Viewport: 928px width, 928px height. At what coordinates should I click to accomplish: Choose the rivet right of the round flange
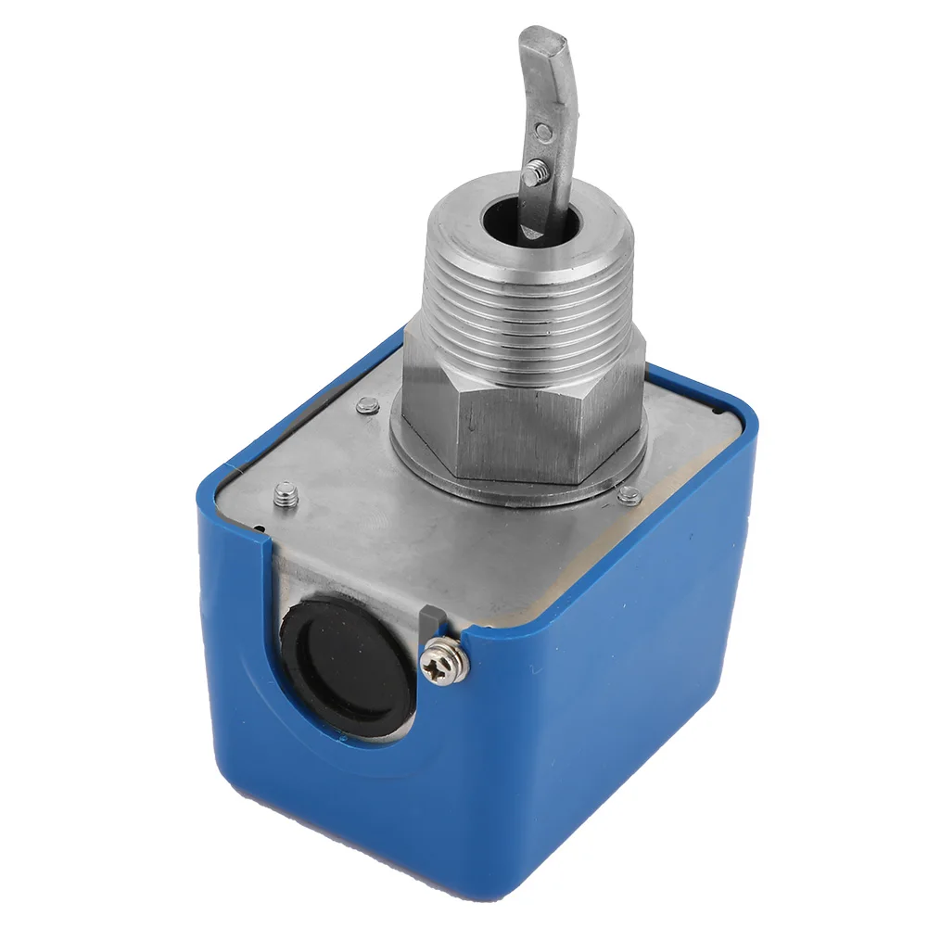(x=629, y=494)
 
